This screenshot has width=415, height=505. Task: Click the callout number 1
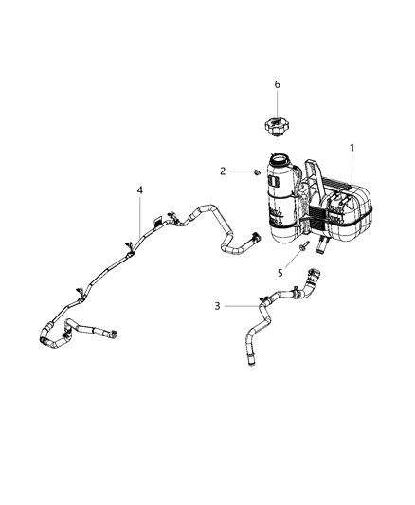click(x=353, y=148)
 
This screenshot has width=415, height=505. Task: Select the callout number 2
click(x=223, y=171)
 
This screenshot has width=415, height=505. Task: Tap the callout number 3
click(x=217, y=305)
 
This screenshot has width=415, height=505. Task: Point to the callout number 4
click(x=139, y=190)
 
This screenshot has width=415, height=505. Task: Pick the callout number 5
click(x=280, y=273)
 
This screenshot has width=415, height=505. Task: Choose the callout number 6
click(x=277, y=84)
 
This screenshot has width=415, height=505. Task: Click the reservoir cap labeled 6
click(x=277, y=127)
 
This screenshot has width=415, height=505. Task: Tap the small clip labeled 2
click(x=255, y=171)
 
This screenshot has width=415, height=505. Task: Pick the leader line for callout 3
click(x=242, y=305)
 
